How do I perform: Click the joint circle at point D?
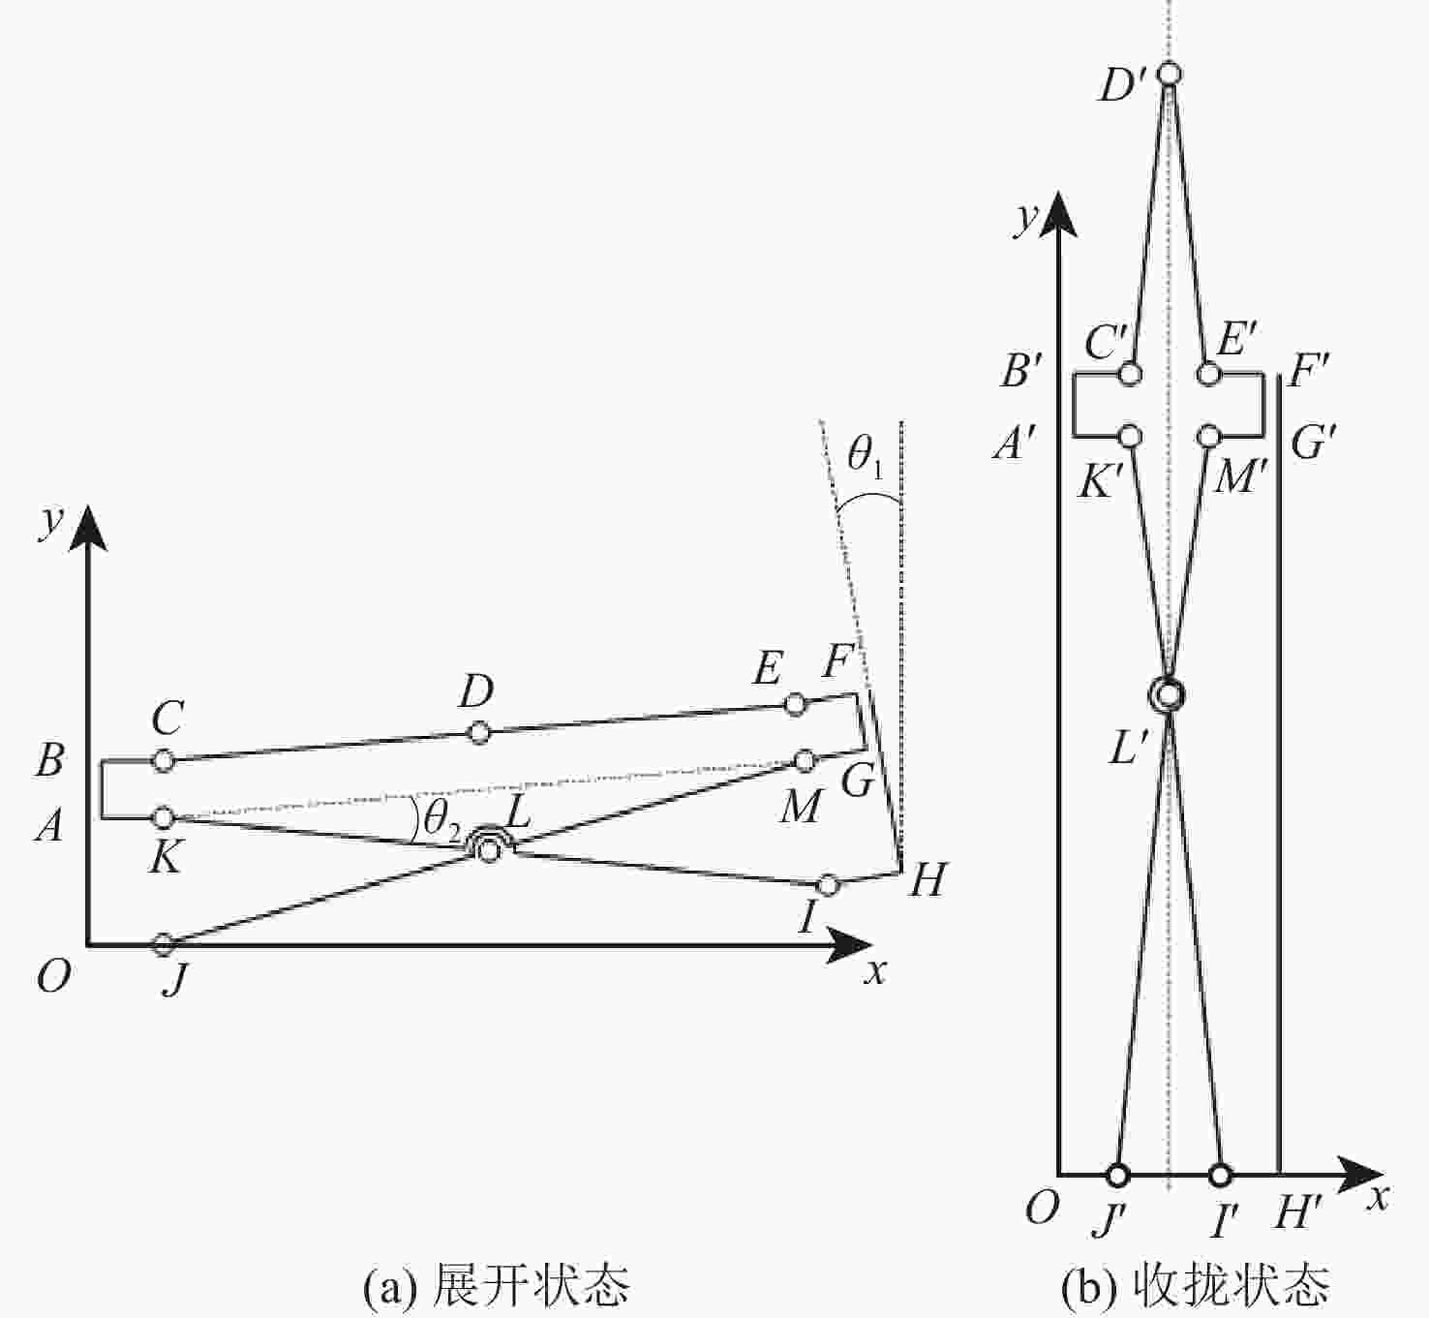478,733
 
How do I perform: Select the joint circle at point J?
164,943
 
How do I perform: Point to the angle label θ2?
441,819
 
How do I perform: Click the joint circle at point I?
828,885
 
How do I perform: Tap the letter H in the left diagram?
928,879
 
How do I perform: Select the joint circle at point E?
794,704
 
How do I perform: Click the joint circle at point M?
805,760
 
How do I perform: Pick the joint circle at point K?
164,817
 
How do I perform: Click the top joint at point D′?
1171,74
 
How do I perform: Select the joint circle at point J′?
1116,1176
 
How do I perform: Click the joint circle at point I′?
1220,1176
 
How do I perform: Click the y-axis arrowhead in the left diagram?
88,527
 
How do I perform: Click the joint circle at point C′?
1131,375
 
